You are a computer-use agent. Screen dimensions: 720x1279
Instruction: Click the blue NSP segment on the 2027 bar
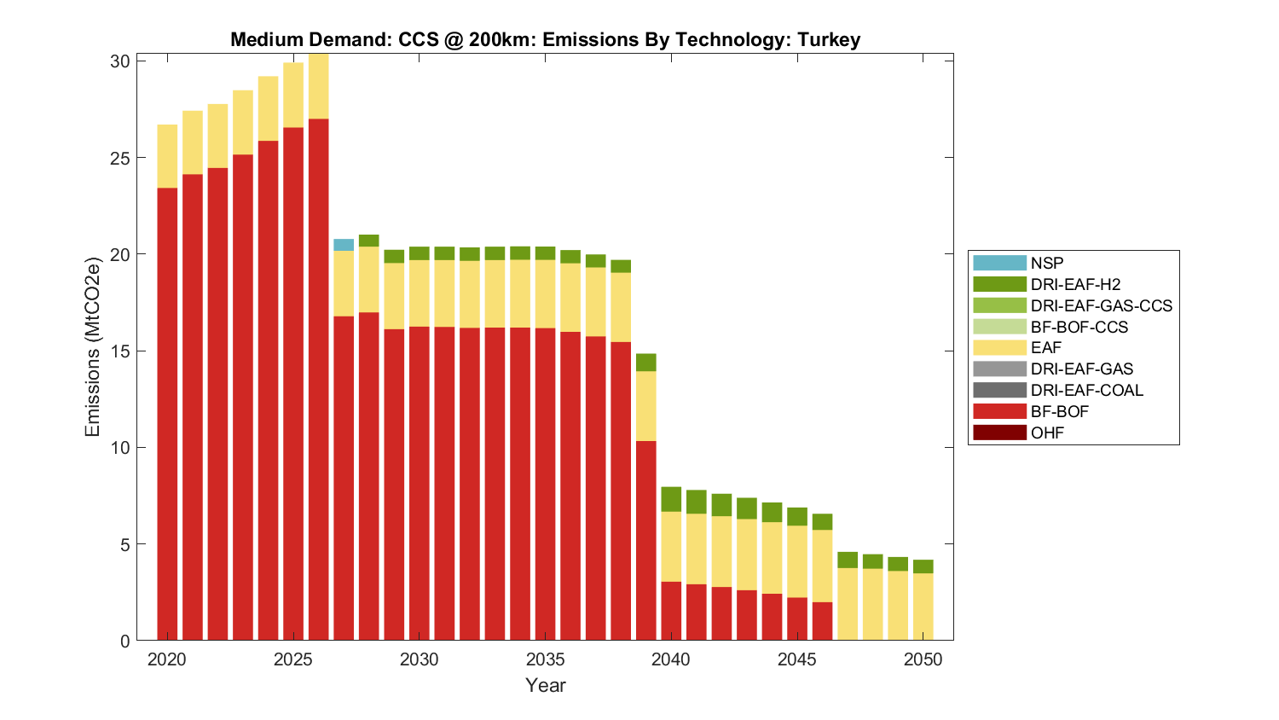(344, 245)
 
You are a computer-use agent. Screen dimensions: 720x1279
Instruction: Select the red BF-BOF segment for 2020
(167, 414)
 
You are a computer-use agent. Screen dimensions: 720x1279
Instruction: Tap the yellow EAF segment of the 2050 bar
(923, 606)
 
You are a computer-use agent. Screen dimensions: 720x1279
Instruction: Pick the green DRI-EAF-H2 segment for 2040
(671, 499)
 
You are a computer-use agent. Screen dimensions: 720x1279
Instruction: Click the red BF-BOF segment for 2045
(797, 618)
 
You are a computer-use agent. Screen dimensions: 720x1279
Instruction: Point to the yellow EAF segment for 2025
(293, 95)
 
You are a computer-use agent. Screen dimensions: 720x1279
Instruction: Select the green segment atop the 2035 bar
(545, 253)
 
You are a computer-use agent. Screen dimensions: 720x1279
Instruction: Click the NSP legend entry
(1046, 264)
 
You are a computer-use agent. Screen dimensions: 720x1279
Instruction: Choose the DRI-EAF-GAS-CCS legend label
(1101, 305)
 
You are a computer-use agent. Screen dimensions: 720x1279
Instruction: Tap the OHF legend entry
(1047, 433)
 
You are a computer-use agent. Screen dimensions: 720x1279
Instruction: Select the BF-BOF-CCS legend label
(1079, 327)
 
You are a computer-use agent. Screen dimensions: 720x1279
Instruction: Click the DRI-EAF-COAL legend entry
(1086, 390)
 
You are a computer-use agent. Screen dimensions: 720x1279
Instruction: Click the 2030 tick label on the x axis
(419, 659)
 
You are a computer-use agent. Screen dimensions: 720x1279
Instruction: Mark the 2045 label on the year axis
(797, 659)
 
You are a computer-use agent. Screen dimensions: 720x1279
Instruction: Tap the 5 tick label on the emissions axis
(124, 544)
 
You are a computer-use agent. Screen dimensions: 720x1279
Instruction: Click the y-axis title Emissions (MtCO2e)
(92, 345)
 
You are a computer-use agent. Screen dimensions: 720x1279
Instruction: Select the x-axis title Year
(545, 685)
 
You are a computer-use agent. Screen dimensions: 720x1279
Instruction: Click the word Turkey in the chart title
(828, 39)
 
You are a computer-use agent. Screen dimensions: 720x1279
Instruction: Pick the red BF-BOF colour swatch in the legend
(999, 411)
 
